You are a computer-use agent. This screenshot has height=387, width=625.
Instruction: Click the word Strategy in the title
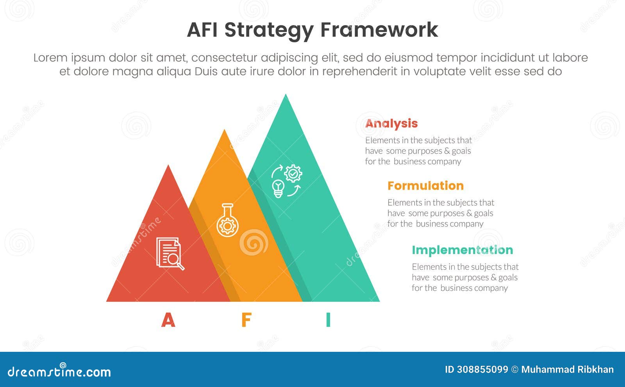coord(269,30)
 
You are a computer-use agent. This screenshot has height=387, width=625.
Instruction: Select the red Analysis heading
coord(391,124)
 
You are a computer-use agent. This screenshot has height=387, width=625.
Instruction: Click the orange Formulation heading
coord(425,186)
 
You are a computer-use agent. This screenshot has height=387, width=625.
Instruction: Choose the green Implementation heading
coord(462,250)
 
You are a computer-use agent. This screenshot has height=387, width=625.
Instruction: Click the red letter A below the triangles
coord(168,320)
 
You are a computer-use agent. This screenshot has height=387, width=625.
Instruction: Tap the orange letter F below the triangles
coord(246,320)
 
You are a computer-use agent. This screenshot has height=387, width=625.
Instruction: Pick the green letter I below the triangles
coord(328,320)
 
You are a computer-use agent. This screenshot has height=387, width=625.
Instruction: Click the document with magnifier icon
coord(170,253)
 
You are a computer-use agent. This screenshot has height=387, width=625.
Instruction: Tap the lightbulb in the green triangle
coord(278,188)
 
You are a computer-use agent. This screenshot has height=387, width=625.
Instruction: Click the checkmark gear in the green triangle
coord(293,173)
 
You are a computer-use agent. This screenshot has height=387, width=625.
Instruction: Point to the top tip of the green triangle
coord(286,95)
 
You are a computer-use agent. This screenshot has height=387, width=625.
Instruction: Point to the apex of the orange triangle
coord(224,130)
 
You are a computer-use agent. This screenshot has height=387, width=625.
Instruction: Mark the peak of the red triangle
coord(168,166)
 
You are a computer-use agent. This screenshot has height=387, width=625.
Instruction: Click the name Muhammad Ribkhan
coord(567,369)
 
